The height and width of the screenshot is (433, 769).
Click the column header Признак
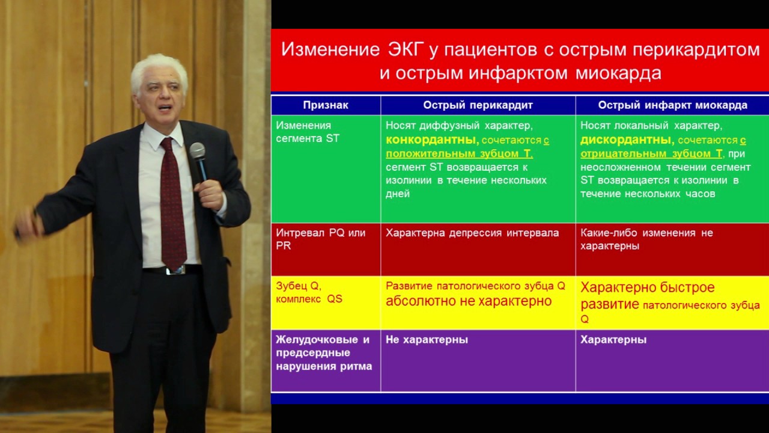[326, 105]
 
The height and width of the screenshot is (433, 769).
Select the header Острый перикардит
[478, 105]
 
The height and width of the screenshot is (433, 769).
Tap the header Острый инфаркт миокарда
[672, 105]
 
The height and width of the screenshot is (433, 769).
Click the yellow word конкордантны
[432, 140]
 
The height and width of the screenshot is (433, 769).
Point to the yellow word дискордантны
[627, 140]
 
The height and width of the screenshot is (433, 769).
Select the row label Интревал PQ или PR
[320, 239]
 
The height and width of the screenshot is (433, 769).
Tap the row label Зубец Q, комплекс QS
[309, 292]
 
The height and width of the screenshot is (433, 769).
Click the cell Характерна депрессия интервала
[472, 233]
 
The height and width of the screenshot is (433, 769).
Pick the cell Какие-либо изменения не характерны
[646, 239]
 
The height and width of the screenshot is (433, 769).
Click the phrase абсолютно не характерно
[469, 301]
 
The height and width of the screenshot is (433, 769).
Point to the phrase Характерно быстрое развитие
[646, 295]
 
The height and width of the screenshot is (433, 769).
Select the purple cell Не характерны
[427, 340]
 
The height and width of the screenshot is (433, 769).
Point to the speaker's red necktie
[172, 204]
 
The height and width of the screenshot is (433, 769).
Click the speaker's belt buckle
[175, 270]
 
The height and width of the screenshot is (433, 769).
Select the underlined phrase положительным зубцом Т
[459, 153]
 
